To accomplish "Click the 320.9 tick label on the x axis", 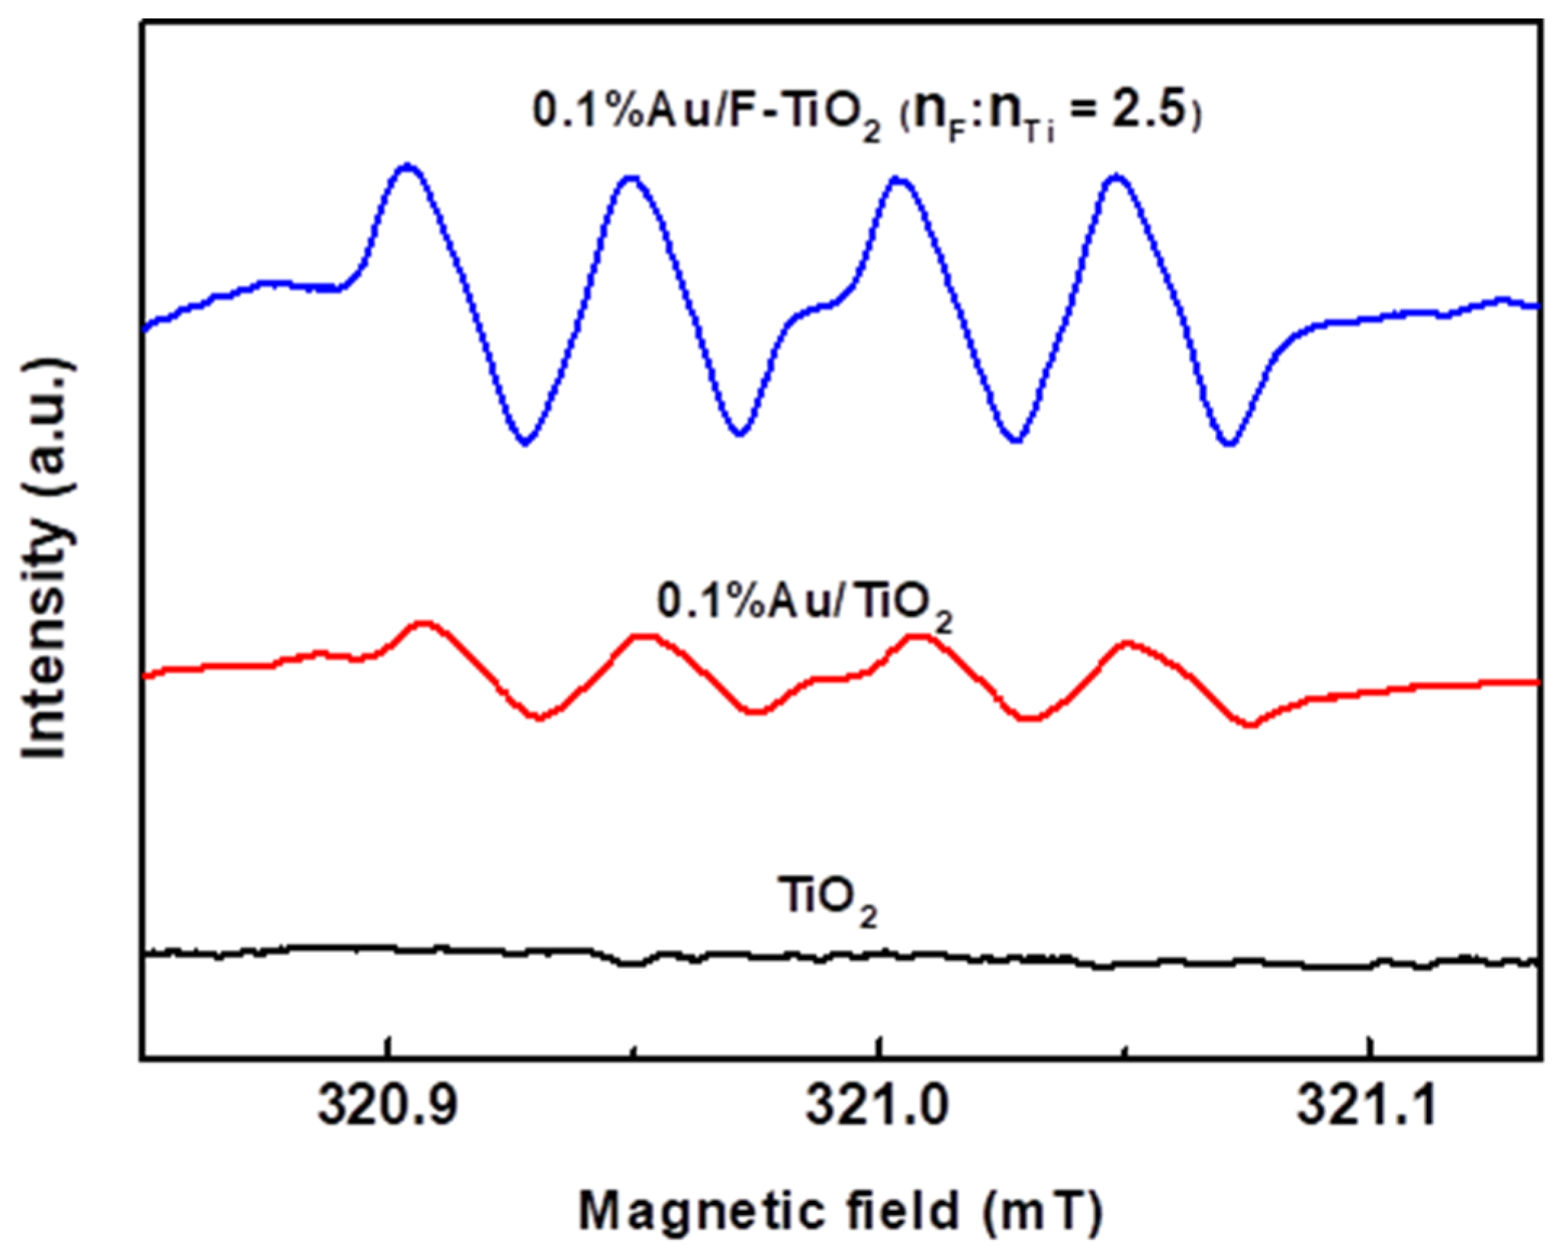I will (x=389, y=1107).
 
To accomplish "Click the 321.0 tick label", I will (x=878, y=1107).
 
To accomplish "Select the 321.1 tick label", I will (x=1367, y=1107).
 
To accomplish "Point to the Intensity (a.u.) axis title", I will (x=48, y=558).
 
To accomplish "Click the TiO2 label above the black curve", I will (x=826, y=901).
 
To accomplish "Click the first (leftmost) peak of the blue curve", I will (x=408, y=167).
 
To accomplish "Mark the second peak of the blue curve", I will (x=631, y=177).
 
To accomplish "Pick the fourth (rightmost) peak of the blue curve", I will (x=1117, y=176).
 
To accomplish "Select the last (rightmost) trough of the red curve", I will (x=1249, y=724).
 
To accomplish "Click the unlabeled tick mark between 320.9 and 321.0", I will (x=634, y=1049).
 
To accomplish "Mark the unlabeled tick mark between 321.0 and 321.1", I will (x=1124, y=1049).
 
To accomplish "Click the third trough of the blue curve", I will (x=1016, y=439).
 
